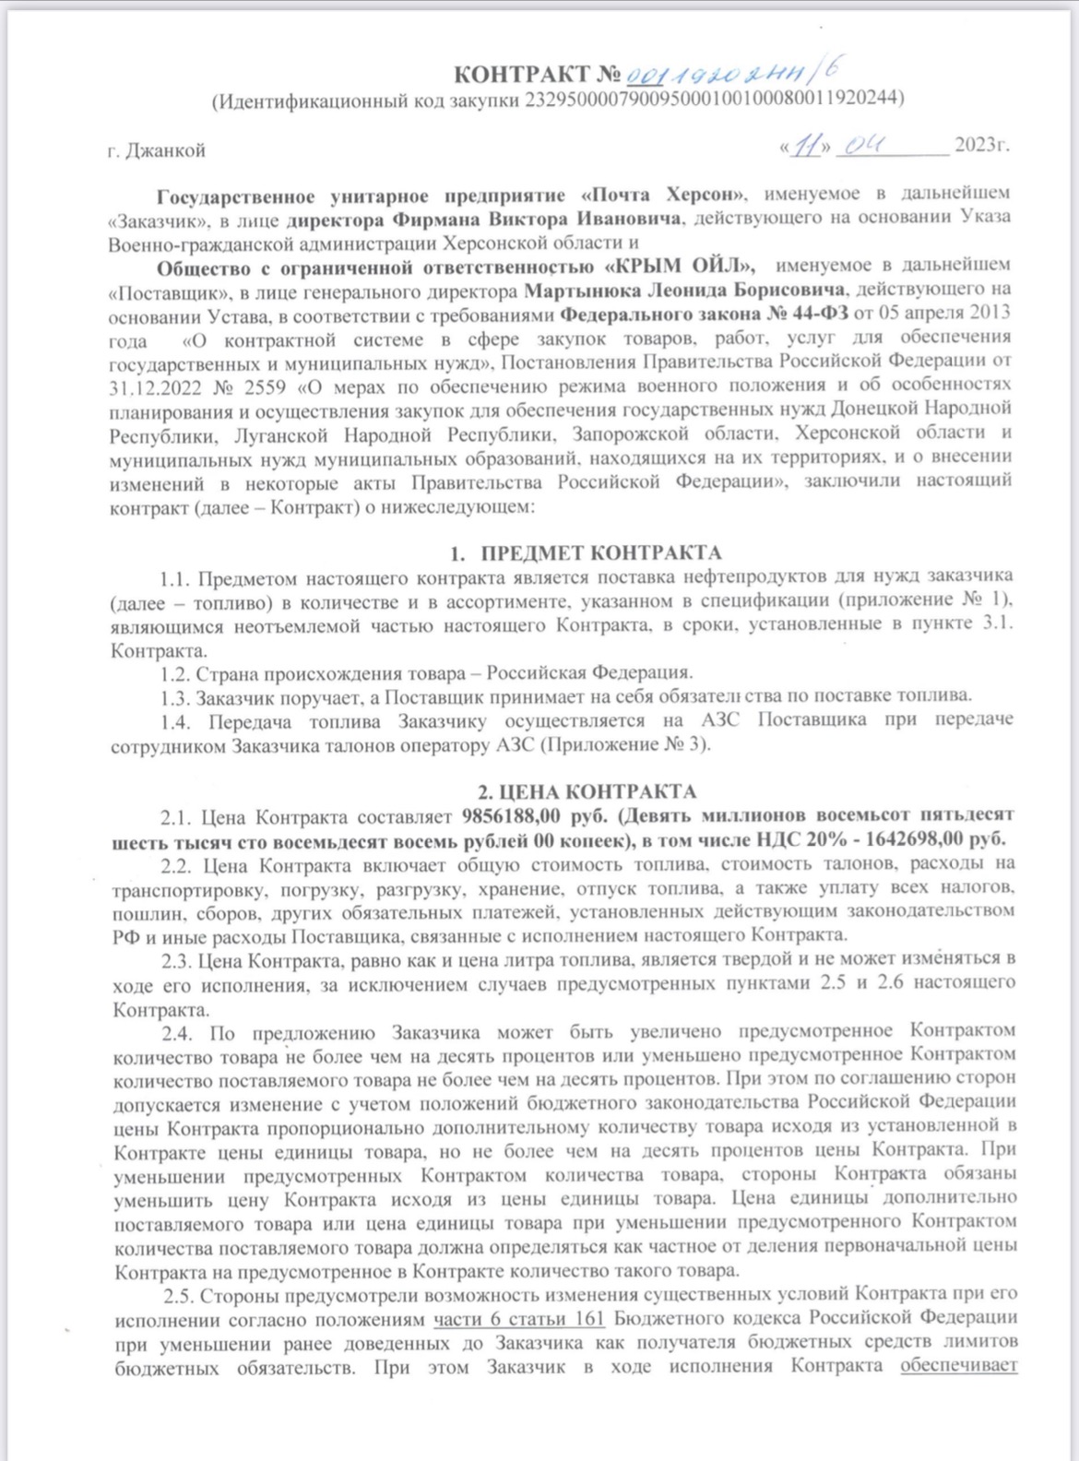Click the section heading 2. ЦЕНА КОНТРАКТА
coord(586,791)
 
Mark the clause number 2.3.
coord(177,960)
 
